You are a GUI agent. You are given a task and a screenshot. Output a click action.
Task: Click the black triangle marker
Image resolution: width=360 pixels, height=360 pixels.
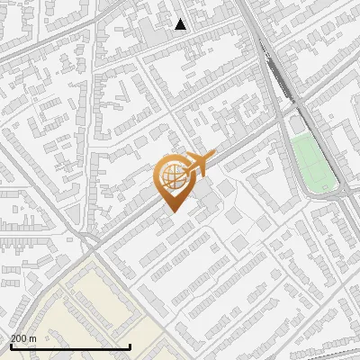(180, 24)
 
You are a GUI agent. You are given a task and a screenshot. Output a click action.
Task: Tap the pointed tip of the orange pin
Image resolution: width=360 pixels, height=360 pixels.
(172, 211)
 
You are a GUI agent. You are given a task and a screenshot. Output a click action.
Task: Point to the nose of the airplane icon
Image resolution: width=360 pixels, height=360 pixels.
(209, 157)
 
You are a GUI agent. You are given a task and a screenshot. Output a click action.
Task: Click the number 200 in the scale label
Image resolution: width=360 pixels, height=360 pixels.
(19, 338)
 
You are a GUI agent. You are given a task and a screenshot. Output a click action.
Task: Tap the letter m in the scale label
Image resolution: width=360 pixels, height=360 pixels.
(32, 338)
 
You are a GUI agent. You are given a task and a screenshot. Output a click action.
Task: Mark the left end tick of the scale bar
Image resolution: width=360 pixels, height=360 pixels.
(10, 346)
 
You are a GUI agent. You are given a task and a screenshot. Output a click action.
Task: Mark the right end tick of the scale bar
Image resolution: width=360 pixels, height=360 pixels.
(130, 346)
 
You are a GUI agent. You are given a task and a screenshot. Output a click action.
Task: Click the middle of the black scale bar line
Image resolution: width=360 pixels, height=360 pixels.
(70, 347)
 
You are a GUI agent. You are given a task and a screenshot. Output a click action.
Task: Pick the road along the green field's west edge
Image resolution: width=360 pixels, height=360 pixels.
(290, 157)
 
